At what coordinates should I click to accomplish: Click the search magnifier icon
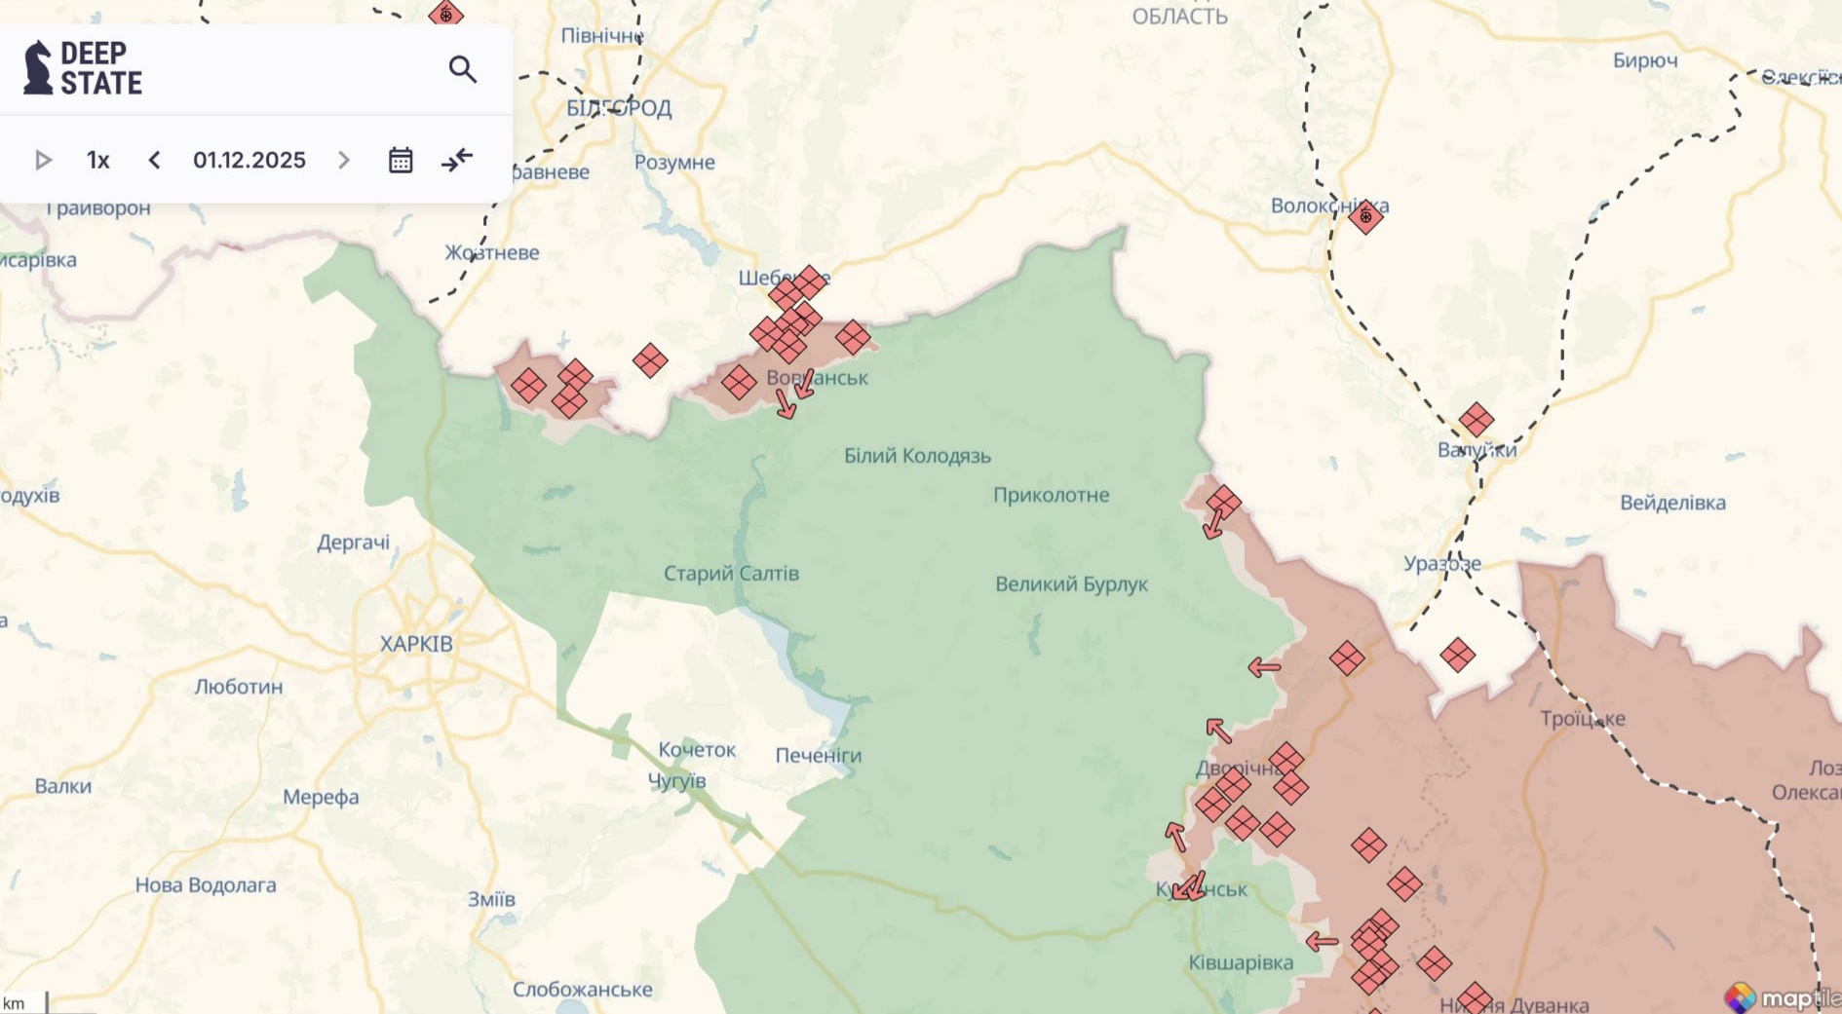[x=462, y=69]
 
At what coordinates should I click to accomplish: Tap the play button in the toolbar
[x=43, y=160]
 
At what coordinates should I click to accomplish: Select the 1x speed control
[x=97, y=160]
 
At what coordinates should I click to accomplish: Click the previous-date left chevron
[x=154, y=160]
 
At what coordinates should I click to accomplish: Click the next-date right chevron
[x=343, y=160]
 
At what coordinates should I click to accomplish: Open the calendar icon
[x=401, y=160]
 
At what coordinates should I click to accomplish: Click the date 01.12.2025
[x=249, y=160]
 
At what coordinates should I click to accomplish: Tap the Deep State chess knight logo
[x=37, y=67]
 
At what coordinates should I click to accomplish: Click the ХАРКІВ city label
[x=416, y=644]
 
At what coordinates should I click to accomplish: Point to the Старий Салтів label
[x=731, y=574]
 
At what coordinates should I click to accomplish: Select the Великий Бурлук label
[x=1071, y=584]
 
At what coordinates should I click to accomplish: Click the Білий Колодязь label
[x=917, y=456]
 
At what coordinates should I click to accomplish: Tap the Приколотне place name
[x=1051, y=495]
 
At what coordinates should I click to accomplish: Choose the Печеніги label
[x=818, y=755]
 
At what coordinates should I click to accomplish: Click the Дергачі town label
[x=353, y=543]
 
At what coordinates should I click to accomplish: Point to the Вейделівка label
[x=1672, y=503]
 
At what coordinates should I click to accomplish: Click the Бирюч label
[x=1645, y=60]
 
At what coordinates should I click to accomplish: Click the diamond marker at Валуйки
[x=1476, y=420]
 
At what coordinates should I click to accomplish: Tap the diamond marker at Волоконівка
[x=1365, y=216]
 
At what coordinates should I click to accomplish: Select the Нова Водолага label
[x=206, y=885]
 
